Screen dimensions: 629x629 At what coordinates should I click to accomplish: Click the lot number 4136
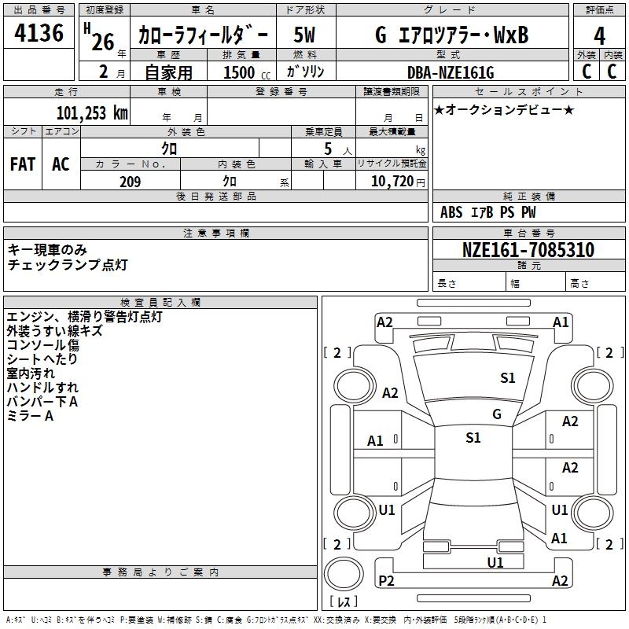[x=39, y=32]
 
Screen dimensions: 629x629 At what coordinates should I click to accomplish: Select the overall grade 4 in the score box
[x=599, y=36]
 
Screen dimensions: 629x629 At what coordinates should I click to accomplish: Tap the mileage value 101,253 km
[x=92, y=112]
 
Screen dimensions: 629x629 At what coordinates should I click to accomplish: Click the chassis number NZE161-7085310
[x=528, y=250]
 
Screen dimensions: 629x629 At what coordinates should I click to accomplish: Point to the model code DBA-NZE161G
[x=451, y=72]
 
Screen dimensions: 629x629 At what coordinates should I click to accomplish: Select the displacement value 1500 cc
[x=247, y=72]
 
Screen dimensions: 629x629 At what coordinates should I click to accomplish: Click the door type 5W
[x=304, y=35]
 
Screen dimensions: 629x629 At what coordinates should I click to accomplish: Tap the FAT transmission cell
[x=23, y=164]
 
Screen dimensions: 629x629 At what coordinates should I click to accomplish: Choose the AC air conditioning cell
[x=61, y=164]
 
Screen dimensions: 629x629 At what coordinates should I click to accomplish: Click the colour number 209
[x=131, y=182]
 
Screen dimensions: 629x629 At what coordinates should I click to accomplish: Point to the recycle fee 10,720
[x=392, y=182]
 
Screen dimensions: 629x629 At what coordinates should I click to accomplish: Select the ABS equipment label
[x=451, y=212]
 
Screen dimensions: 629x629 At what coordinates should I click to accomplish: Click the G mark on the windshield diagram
[x=497, y=414]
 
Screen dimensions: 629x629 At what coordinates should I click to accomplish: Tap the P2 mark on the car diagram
[x=386, y=580]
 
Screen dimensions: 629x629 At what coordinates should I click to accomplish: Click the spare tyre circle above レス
[x=344, y=574]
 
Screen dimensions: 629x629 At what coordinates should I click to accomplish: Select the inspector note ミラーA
[x=30, y=416]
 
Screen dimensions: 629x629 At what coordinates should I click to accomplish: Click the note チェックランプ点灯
[x=68, y=265]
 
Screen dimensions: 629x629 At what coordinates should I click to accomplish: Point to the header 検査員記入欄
[x=160, y=303]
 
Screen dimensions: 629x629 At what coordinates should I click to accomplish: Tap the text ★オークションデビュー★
[x=504, y=109]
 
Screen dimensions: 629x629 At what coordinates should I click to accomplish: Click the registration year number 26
[x=103, y=42]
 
